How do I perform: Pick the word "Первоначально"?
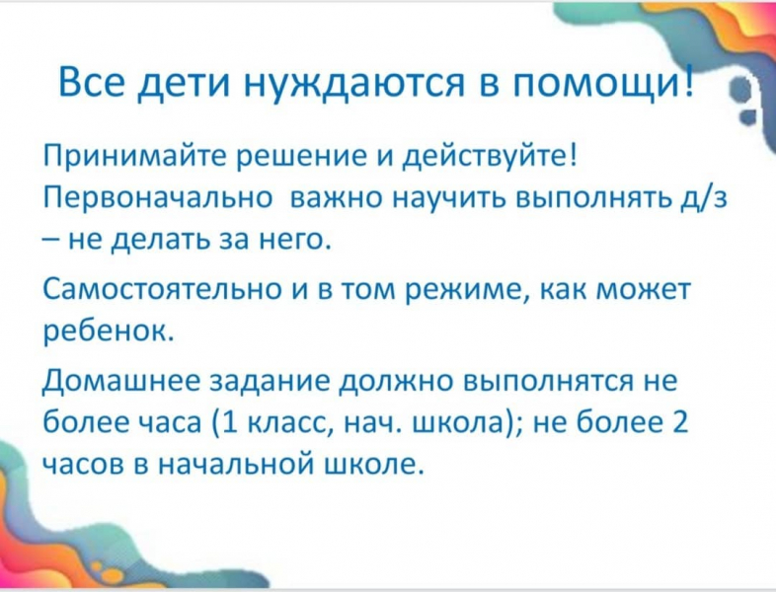pos(157,201)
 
